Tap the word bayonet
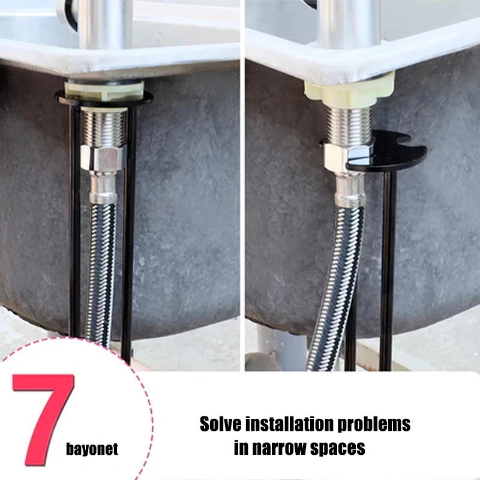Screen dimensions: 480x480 (92, 449)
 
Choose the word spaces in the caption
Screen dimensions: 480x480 (340, 448)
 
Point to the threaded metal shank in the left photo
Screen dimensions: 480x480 (103, 127)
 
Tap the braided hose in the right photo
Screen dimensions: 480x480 (336, 282)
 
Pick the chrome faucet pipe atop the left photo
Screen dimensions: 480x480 (105, 24)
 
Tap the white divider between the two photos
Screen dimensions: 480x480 (242, 180)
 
